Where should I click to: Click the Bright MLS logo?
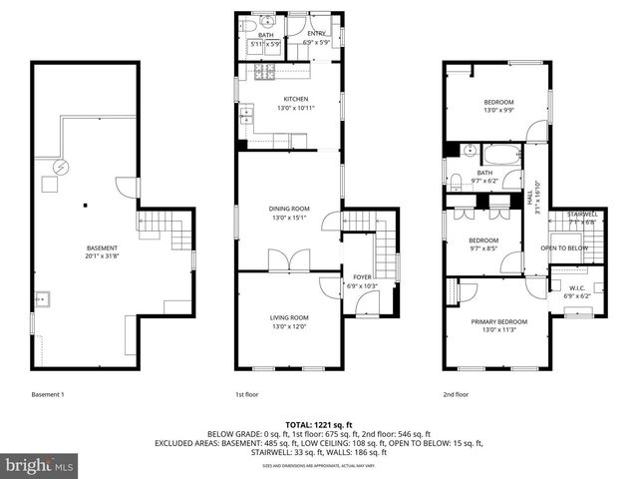click(40, 464)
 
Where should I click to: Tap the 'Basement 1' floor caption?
click(47, 394)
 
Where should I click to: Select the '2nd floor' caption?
click(455, 394)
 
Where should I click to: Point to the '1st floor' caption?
click(246, 394)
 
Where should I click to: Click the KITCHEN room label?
click(295, 99)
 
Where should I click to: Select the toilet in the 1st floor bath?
click(248, 26)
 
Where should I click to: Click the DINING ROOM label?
click(289, 209)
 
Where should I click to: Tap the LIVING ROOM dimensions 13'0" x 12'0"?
click(289, 326)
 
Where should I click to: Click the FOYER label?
click(357, 278)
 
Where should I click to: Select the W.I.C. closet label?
click(577, 287)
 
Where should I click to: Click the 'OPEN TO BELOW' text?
click(563, 247)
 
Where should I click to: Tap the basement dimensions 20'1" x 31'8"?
click(102, 255)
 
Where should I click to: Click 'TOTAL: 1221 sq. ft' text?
click(319, 424)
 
